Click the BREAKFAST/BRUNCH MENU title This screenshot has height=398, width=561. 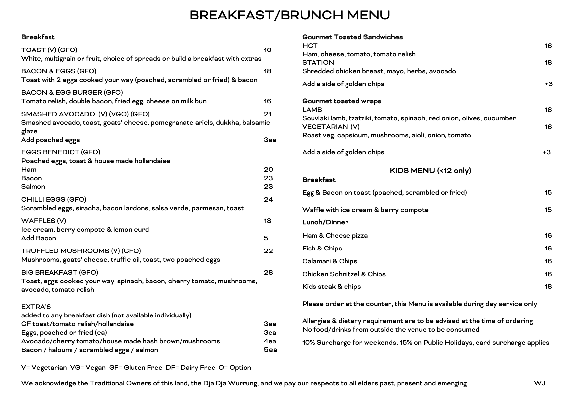point(290,15)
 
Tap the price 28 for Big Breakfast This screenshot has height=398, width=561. point(268,272)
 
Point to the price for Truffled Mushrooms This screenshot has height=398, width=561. point(268,251)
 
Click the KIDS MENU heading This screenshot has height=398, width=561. point(430,170)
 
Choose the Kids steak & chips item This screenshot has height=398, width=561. point(331,286)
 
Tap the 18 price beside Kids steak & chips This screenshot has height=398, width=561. point(548,286)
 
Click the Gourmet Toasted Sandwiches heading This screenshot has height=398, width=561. point(352,37)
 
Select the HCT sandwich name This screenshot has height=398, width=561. point(310,46)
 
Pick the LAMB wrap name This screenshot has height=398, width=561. point(312,110)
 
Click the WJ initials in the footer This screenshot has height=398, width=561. point(539,383)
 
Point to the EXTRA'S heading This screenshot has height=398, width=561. point(36,307)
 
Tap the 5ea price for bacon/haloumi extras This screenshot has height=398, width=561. point(270,350)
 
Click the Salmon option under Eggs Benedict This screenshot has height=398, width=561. point(33,186)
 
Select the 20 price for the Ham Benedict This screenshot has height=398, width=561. point(268,169)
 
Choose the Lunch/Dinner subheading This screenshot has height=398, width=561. point(325,222)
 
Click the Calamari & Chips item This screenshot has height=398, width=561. point(329,261)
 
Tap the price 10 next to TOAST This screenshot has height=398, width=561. point(267,50)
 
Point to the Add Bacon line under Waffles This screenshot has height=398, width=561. point(39,238)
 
